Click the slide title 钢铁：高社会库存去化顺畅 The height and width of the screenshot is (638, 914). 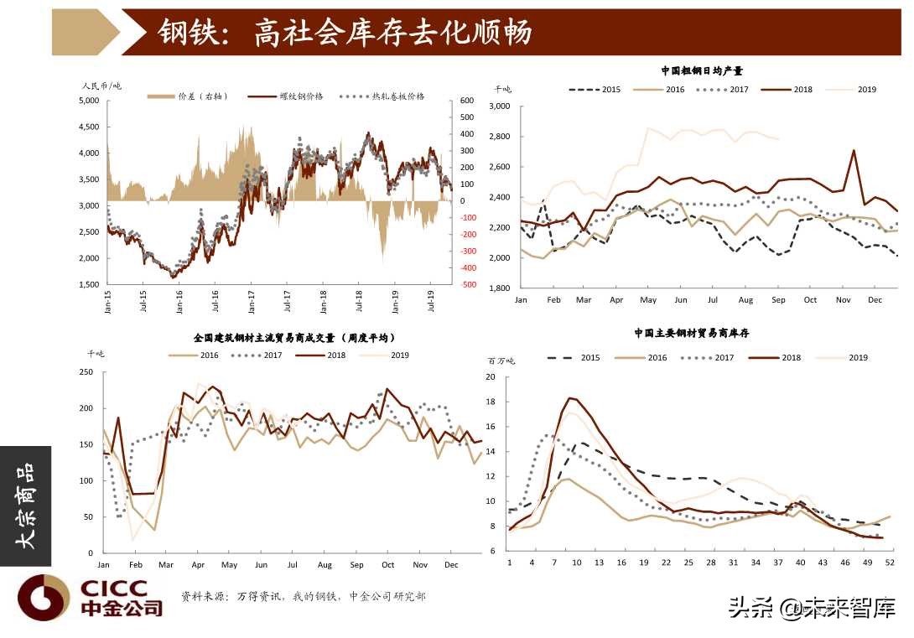pyautogui.click(x=345, y=33)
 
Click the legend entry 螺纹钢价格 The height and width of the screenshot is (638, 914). pyautogui.click(x=301, y=96)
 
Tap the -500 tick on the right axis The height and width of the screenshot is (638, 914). pyautogui.click(x=468, y=284)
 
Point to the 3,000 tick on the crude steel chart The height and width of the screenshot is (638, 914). pyautogui.click(x=500, y=106)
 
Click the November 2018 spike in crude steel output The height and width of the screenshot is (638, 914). pyautogui.click(x=854, y=151)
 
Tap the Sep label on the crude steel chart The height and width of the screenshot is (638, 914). pyautogui.click(x=779, y=299)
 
